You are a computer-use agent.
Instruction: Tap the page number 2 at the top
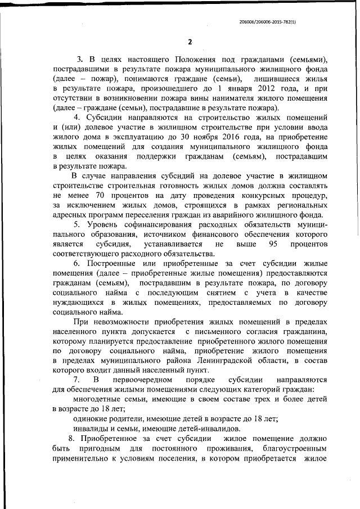[190, 42]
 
